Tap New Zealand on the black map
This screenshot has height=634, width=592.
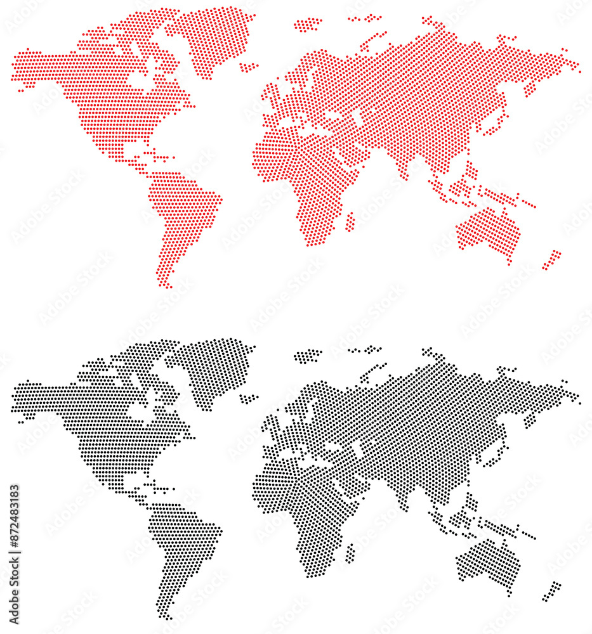[x=553, y=591]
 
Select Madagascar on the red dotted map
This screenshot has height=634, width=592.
[x=350, y=222]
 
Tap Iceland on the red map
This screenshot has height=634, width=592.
[x=249, y=67]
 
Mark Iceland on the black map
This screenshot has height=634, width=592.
[x=249, y=398]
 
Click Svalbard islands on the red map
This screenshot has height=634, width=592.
[x=308, y=25]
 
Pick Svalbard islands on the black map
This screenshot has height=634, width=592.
[x=308, y=356]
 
